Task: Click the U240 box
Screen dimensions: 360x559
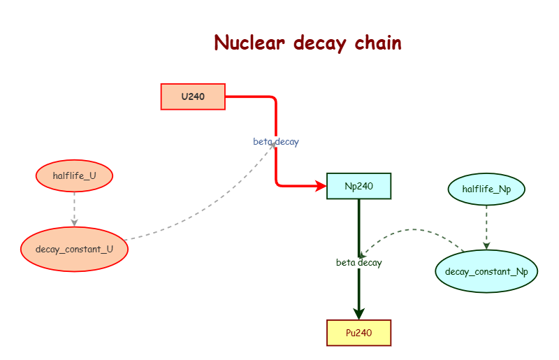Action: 193,96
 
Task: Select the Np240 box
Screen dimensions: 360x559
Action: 358,186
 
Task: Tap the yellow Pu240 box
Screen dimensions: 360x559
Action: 358,333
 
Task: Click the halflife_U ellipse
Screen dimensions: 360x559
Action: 74,175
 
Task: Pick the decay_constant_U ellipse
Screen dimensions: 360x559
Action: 74,248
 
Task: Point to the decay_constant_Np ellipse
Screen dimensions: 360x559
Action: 486,271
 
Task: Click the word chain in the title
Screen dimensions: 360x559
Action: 377,43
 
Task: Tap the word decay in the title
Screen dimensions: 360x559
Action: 319,44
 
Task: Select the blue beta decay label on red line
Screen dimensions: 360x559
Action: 275,142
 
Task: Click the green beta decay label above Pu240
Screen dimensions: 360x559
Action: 358,263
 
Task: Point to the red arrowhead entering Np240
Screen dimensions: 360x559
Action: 321,186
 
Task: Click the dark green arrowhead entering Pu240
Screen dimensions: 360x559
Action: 358,313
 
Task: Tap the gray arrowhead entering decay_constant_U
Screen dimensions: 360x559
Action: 74,222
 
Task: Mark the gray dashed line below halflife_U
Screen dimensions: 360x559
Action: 74,206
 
